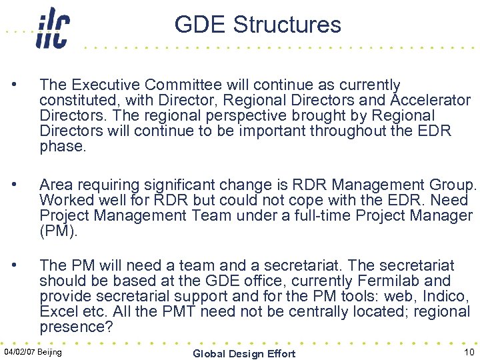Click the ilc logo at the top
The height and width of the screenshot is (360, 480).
pos(53,27)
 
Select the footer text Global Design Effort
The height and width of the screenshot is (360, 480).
pos(243,353)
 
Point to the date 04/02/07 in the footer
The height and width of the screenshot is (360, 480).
pos(21,351)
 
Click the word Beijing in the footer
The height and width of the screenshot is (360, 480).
pos(51,351)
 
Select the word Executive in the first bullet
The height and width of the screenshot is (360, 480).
pos(106,85)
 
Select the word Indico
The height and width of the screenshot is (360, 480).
pos(448,296)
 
